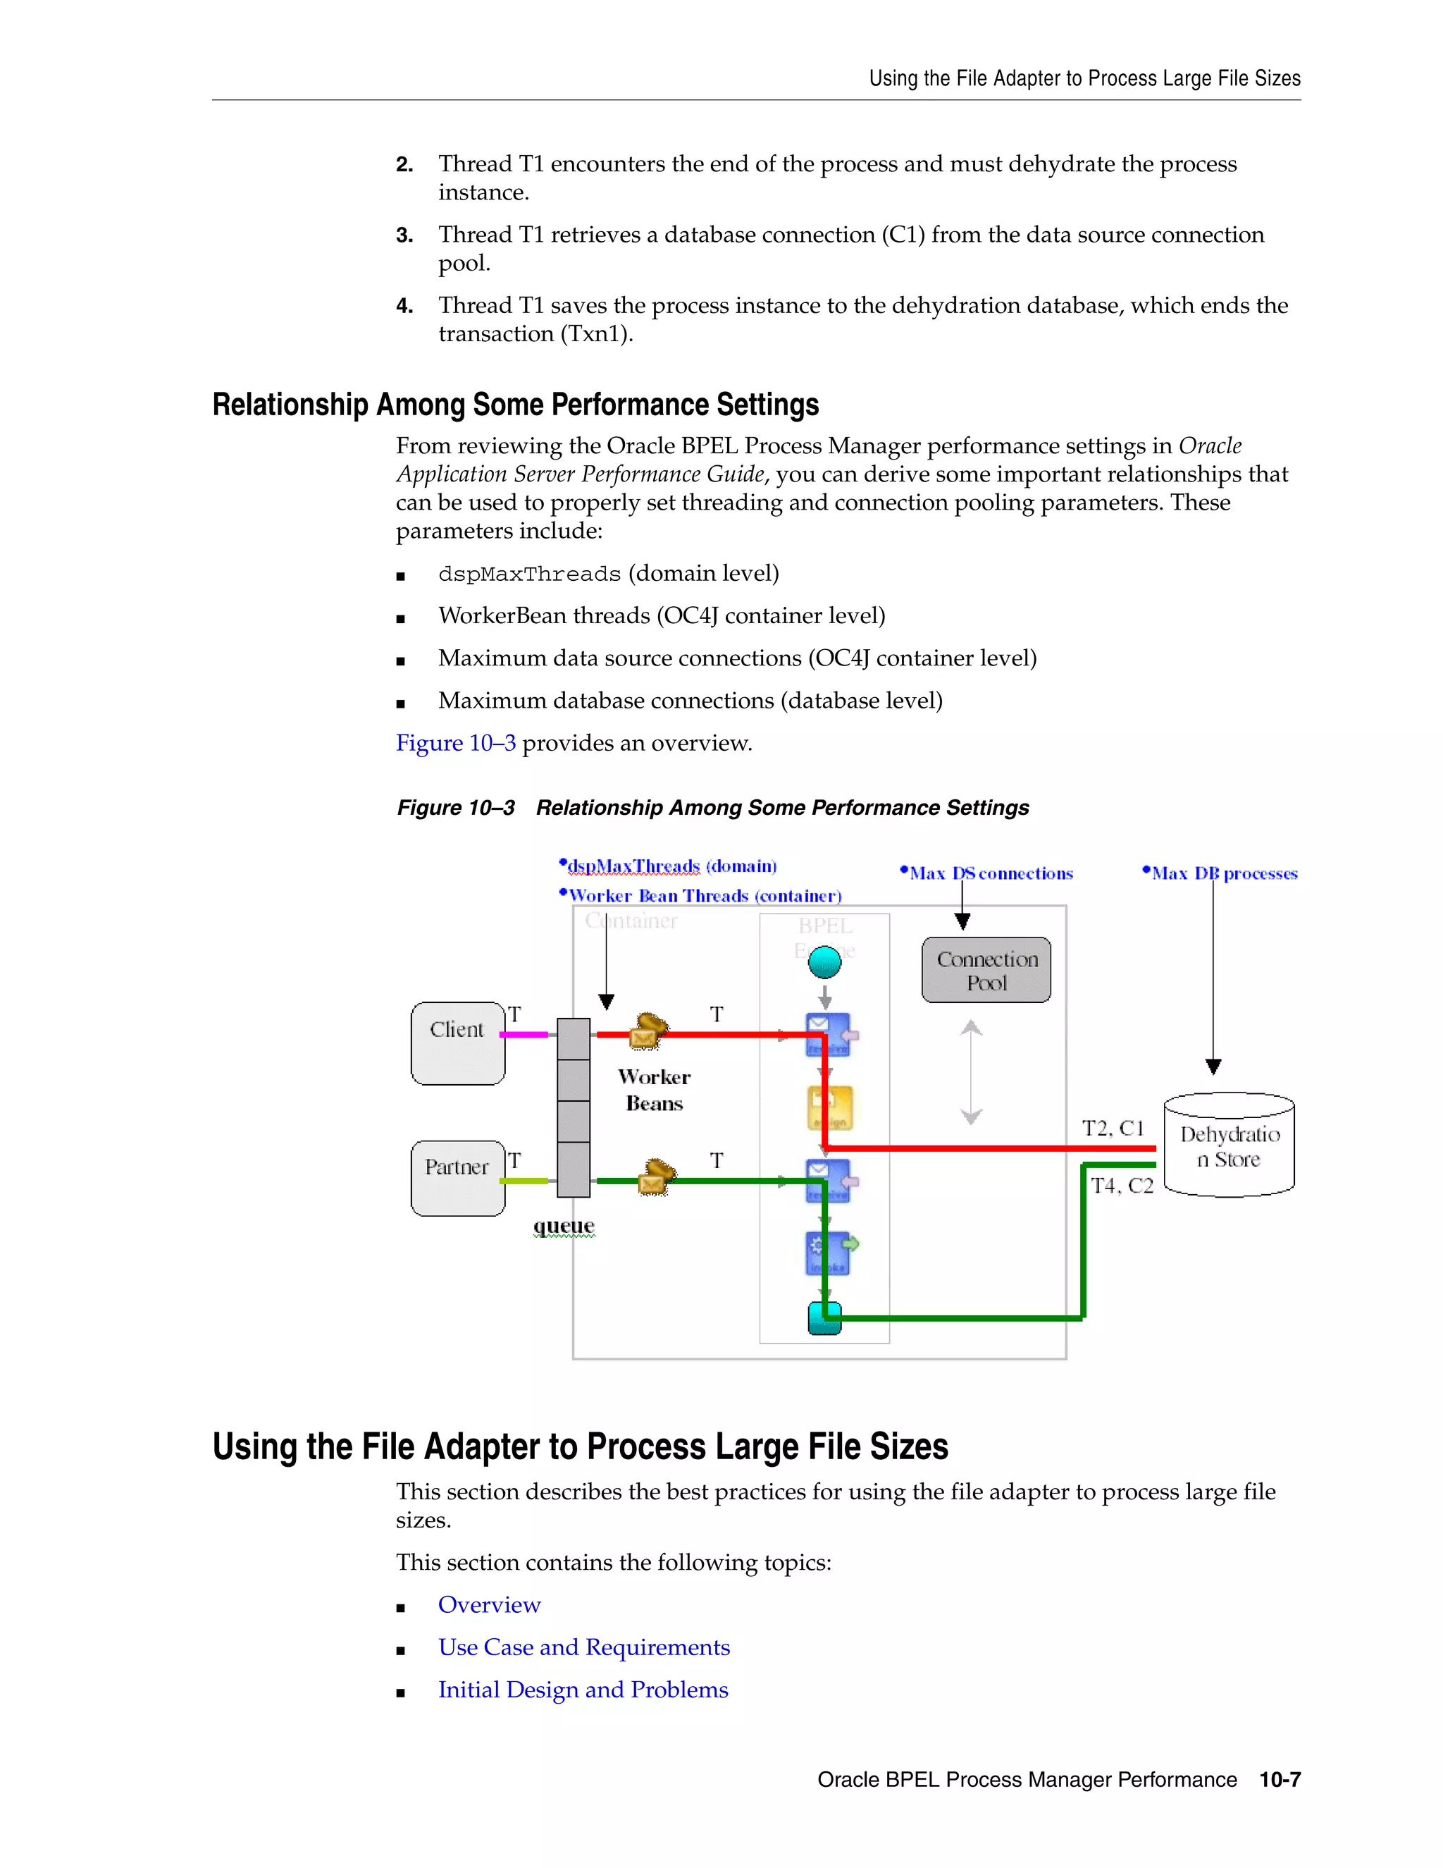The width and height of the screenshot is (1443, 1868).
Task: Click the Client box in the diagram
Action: pos(457,1043)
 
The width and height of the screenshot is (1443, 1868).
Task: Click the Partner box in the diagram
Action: pos(457,1178)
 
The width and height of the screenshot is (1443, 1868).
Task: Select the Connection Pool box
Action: pos(986,970)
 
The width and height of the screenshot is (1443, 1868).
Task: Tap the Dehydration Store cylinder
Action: pos(1228,1145)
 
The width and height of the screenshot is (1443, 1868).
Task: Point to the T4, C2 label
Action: pos(1122,1186)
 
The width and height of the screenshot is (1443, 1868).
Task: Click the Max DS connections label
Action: pos(990,873)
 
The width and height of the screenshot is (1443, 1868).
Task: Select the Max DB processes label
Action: pos(1223,873)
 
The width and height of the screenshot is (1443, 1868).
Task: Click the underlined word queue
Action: pos(564,1226)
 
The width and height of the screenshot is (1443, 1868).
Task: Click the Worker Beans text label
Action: pos(654,1090)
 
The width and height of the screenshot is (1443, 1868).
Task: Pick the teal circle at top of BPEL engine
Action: pos(824,962)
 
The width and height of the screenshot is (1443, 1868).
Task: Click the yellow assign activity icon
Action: pos(829,1109)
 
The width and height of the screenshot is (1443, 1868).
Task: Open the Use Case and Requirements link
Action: pos(584,1647)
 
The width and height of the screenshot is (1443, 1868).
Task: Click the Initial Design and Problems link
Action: pos(583,1690)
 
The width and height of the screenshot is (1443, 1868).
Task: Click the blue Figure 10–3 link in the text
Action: pos(456,742)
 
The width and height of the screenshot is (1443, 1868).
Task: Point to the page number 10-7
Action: pos(1280,1780)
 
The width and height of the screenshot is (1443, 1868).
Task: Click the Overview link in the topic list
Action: pos(489,1604)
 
